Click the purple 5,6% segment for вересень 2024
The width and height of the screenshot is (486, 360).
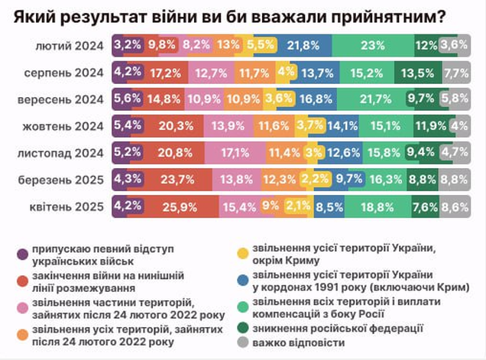123,99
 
